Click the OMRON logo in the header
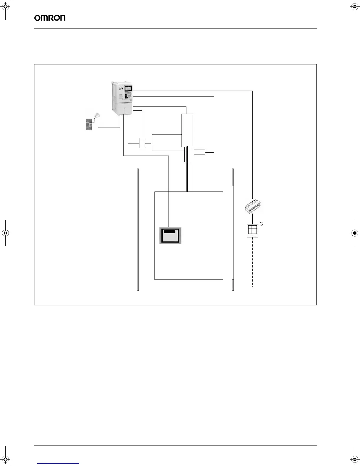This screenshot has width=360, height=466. (50, 18)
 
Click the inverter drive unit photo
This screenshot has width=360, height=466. (123, 98)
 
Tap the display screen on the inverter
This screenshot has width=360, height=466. (128, 88)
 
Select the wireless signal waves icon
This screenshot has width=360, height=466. (97, 115)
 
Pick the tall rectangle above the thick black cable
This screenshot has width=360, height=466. (187, 130)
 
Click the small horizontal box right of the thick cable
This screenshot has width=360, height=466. (199, 152)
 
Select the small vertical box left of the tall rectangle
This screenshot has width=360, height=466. (142, 143)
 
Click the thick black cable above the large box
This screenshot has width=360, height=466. (187, 177)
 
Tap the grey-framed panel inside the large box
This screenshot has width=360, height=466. (171, 235)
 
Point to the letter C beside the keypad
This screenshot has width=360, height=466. (261, 224)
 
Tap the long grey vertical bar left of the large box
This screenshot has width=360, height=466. (138, 229)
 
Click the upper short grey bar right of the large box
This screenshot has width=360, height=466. (233, 177)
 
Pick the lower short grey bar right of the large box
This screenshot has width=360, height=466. (233, 285)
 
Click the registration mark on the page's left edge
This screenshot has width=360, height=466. (6, 233)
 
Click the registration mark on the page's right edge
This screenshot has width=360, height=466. (354, 233)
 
